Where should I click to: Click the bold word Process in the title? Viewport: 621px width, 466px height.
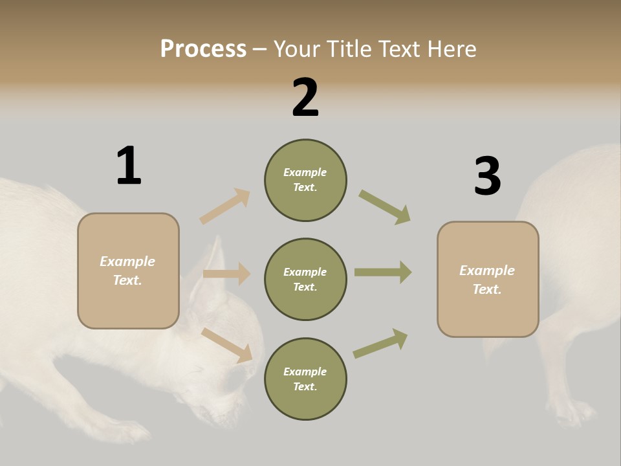[x=203, y=49]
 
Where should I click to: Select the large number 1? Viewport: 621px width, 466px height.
[x=129, y=166]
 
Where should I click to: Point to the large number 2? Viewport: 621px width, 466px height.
[x=305, y=98]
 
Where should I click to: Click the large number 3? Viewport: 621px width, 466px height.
[x=487, y=176]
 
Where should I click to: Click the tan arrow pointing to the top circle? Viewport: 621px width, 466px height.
[x=225, y=206]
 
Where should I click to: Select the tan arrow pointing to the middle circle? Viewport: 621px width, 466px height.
[x=226, y=274]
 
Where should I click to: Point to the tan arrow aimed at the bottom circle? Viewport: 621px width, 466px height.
[x=227, y=345]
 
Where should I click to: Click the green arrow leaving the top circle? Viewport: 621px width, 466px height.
[x=385, y=207]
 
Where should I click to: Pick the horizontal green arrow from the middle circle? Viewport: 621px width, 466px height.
[x=383, y=272]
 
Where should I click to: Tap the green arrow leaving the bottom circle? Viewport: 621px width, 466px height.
[x=380, y=343]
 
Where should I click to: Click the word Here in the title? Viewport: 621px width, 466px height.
[x=451, y=49]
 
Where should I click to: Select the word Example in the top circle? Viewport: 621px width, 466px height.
[x=305, y=172]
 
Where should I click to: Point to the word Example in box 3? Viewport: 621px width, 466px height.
[x=487, y=271]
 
